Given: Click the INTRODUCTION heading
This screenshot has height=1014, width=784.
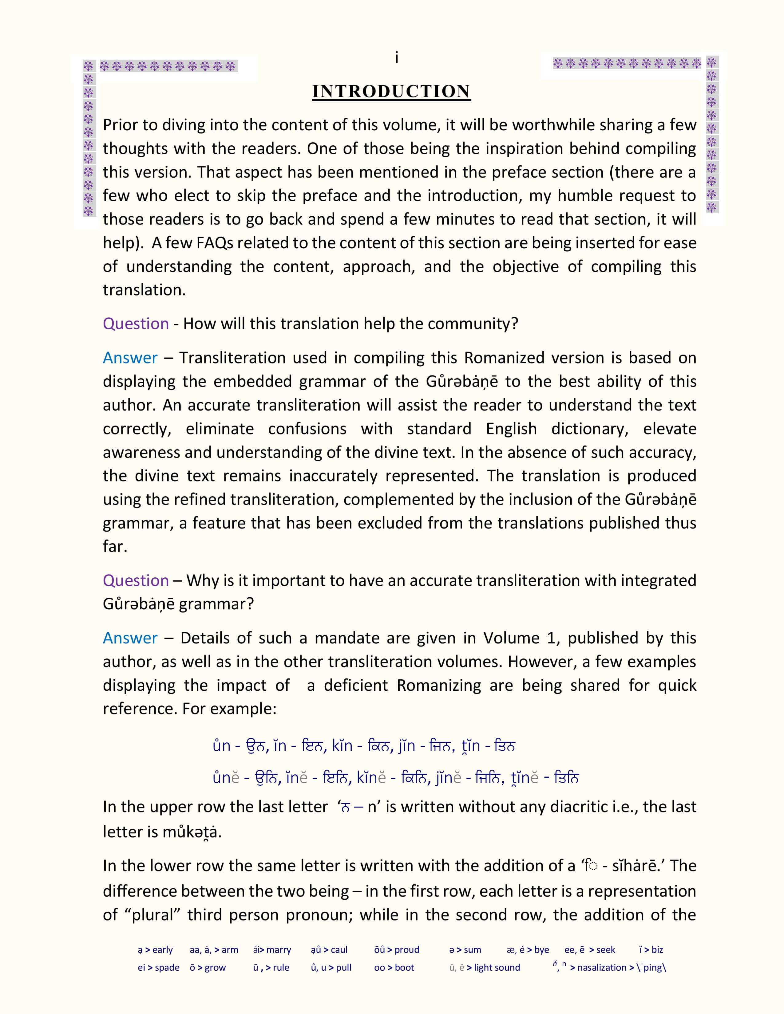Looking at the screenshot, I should pos(391,92).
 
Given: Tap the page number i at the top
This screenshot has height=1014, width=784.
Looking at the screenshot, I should pos(396,58).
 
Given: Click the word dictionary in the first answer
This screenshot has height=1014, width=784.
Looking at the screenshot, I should pos(589,429).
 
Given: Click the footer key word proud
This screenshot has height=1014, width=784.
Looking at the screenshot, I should pos(407,950).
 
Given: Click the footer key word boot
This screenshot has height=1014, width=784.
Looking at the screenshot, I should pos(404,968).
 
